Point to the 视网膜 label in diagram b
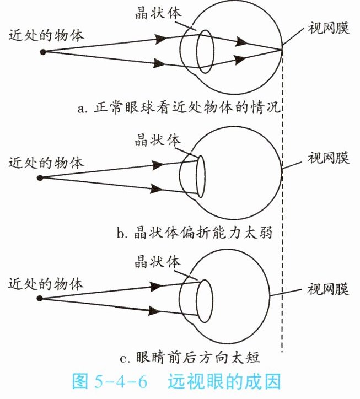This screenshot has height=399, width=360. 329,158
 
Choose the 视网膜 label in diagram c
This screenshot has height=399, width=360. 329,289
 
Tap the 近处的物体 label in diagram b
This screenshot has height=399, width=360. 46,163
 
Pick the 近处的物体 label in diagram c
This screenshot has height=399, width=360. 46,284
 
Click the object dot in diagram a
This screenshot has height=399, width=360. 42,51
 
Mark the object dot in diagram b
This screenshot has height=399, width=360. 40,177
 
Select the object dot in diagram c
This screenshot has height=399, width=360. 40,299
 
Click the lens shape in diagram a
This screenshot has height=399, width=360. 206,52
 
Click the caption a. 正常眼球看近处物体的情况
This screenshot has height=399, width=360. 180,107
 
